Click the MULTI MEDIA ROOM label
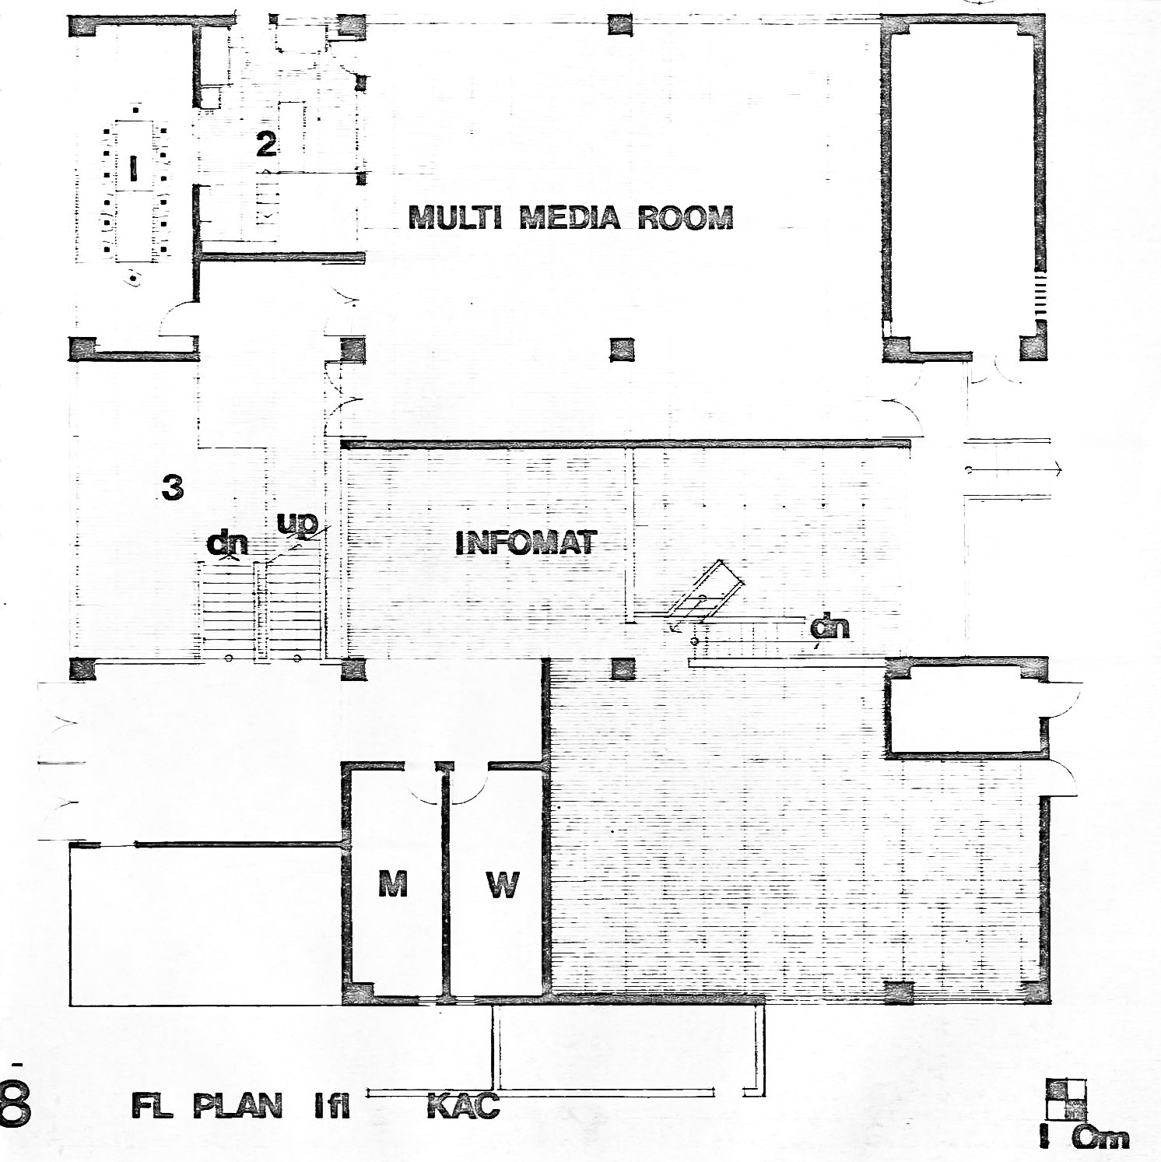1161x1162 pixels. tap(571, 217)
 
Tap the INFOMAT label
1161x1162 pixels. tap(525, 542)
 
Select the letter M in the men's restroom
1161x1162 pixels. tap(393, 883)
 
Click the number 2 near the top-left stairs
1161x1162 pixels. tap(266, 143)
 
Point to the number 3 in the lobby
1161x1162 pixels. tap(172, 487)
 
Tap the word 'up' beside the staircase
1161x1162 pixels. tap(297, 524)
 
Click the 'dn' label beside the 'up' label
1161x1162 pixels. tap(227, 542)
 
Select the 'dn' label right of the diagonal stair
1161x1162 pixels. tap(830, 627)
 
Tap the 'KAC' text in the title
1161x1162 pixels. tap(464, 1106)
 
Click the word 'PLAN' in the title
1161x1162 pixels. tap(237, 1106)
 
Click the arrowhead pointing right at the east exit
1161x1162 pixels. tap(1058, 469)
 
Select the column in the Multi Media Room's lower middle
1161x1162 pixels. tap(622, 349)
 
